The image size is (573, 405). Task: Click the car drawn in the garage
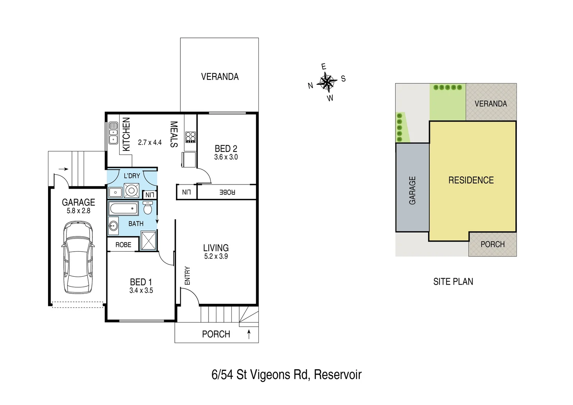click(78, 257)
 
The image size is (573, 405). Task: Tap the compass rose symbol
click(327, 82)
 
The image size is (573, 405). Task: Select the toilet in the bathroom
click(148, 208)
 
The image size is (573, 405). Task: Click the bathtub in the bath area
click(123, 208)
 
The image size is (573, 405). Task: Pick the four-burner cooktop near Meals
click(190, 137)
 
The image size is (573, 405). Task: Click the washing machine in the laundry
click(131, 190)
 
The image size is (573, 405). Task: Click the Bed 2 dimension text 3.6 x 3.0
click(226, 157)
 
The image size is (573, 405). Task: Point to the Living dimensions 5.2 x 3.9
click(216, 256)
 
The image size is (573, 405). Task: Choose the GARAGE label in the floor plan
click(78, 202)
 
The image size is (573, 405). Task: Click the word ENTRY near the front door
click(187, 276)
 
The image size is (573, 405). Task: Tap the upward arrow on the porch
click(249, 334)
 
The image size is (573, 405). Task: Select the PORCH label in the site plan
click(492, 244)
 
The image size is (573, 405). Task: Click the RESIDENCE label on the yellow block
click(471, 180)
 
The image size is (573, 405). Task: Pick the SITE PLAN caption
click(453, 282)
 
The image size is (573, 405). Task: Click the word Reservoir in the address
click(337, 375)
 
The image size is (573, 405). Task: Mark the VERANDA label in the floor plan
click(220, 77)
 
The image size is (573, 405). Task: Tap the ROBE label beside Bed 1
click(123, 245)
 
